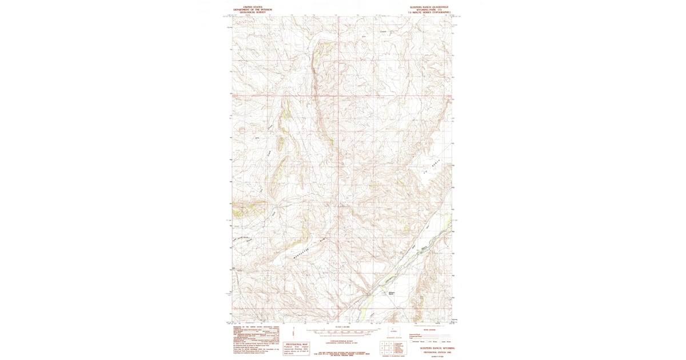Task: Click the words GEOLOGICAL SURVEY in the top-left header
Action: [253, 11]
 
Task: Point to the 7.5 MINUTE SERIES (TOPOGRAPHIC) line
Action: [429, 12]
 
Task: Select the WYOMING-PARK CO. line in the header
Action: [429, 9]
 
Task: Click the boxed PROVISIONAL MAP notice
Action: [297, 349]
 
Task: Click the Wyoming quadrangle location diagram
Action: [393, 333]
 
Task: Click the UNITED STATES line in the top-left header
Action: [253, 7]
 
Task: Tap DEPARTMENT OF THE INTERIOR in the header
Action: [253, 9]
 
